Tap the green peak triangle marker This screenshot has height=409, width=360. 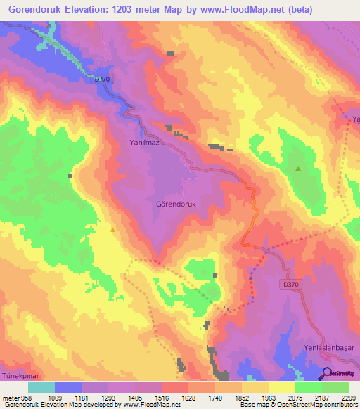click(298, 169)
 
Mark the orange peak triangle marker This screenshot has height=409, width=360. click(112, 228)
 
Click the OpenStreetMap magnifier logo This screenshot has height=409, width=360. click(327, 373)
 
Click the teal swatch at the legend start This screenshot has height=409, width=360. click(41, 387)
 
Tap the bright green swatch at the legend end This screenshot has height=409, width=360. click(335, 387)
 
